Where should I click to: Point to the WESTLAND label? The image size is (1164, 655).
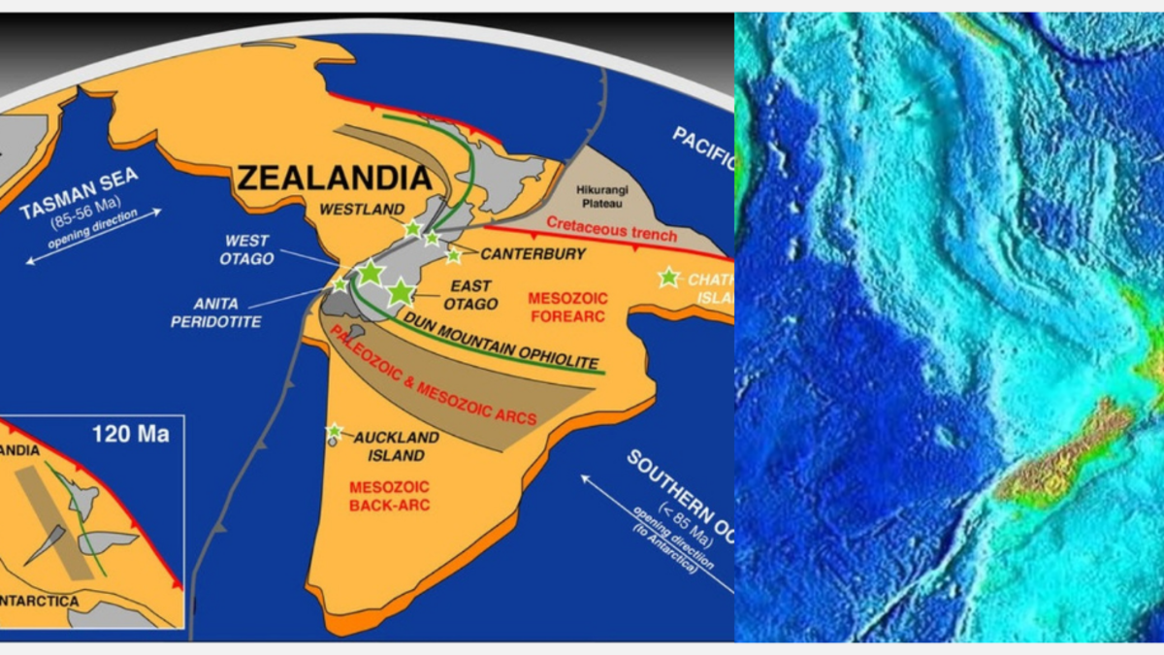tap(361, 208)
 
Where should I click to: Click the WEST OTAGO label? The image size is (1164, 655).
tap(248, 249)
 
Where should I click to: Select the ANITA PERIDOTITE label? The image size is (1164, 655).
tap(215, 312)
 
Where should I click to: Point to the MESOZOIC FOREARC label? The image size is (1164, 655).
tap(566, 308)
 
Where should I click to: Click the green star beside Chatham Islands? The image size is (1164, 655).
tap(667, 278)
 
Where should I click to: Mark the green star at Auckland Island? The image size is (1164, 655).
tap(335, 431)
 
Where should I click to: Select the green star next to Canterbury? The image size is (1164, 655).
tap(453, 256)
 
